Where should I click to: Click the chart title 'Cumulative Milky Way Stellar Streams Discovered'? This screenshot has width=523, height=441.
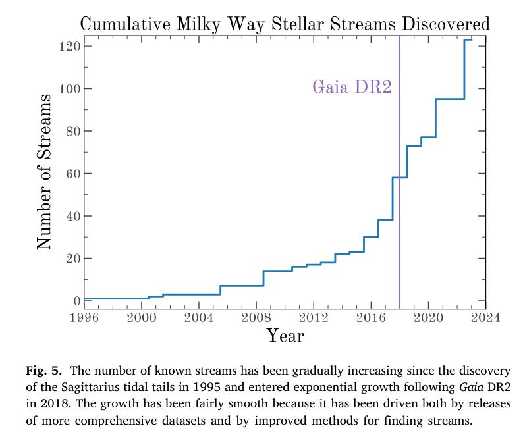coord(285,24)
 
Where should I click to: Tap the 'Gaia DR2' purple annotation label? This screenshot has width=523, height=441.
coord(352,88)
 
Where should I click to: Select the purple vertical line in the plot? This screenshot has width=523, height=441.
coord(400,197)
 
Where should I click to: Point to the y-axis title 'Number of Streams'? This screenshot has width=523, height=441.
coord(44,172)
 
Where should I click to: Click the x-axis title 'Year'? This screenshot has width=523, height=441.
coord(285,336)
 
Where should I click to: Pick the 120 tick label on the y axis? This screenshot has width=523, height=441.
coord(69,46)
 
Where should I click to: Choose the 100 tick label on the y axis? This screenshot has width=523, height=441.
coord(69,88)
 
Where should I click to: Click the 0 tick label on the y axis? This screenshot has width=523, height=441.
coord(76,301)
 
